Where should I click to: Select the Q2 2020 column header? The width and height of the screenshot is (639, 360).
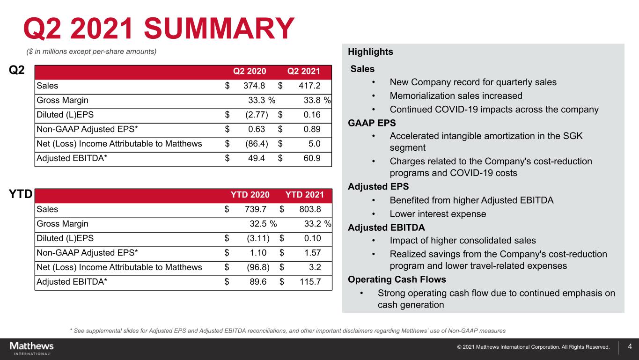(x=250, y=71)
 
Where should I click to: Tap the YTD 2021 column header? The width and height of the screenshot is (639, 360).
(x=304, y=195)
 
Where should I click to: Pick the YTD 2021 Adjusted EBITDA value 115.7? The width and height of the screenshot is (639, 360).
(x=308, y=282)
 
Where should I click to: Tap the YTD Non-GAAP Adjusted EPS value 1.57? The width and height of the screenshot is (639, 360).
(x=311, y=253)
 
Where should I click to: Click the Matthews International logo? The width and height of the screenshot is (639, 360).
(x=32, y=348)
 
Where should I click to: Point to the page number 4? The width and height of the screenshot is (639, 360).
(x=630, y=347)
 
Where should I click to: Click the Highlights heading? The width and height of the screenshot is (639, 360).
(x=370, y=52)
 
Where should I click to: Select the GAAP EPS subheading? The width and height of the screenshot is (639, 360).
(x=372, y=123)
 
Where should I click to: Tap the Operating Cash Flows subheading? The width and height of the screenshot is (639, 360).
(x=397, y=279)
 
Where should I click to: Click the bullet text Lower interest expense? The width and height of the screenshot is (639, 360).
(x=438, y=214)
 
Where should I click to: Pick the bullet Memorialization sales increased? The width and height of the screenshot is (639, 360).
(x=455, y=96)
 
